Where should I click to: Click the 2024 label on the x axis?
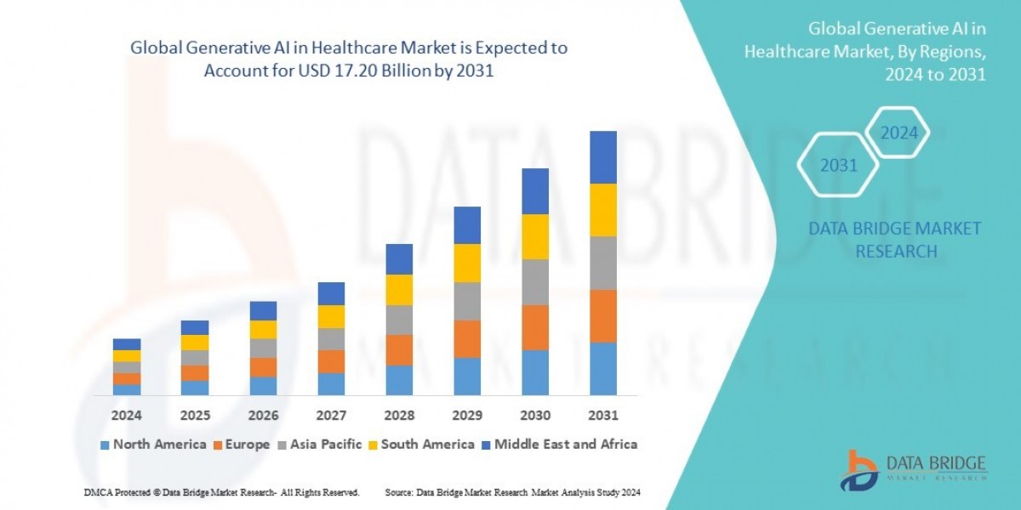coord(127,416)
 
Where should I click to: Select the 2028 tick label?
coord(399,416)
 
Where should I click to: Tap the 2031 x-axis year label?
coord(602,416)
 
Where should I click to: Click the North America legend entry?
coord(153,444)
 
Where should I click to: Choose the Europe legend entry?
coord(241,444)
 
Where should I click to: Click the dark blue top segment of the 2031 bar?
coord(602,157)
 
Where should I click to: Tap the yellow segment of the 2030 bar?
coord(535,236)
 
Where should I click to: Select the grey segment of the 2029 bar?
coord(467,301)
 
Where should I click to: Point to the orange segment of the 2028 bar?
coord(399,349)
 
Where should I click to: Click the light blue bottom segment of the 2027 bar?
coord(331,384)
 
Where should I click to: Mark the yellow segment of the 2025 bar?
coord(195,343)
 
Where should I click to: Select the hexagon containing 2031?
coord(838,166)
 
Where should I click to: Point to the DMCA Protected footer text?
coord(221,492)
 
